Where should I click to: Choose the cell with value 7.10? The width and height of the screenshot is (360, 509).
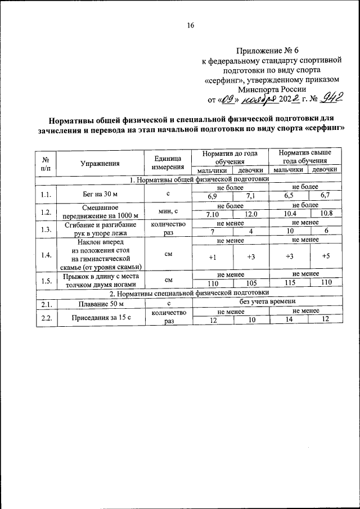tap(212, 214)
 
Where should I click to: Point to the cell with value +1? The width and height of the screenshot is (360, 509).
tap(212, 256)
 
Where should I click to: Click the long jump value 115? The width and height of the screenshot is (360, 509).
tap(289, 283)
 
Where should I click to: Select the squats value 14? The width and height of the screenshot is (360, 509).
tap(289, 319)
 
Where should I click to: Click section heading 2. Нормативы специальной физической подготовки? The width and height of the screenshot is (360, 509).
tap(190, 293)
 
